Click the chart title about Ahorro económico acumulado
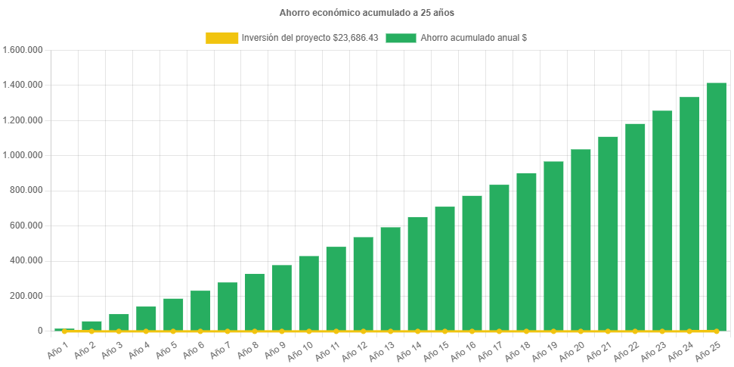tap(367, 13)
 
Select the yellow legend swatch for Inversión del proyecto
tap(221, 38)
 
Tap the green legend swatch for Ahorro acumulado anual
tap(401, 38)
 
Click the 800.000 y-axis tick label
tap(27, 190)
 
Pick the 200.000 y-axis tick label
tap(27, 295)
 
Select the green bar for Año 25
tap(716, 207)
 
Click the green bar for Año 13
tap(390, 278)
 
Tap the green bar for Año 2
tap(91, 325)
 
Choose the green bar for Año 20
tap(581, 240)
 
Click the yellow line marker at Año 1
tap(64, 331)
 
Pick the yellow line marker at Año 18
tap(526, 331)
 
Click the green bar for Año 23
tap(662, 221)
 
